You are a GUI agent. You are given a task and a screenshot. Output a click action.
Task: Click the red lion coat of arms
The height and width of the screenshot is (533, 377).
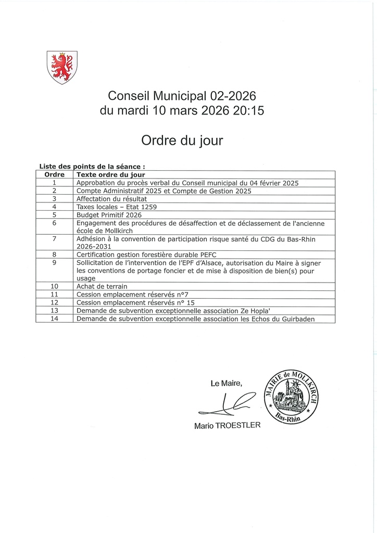coord(62,67)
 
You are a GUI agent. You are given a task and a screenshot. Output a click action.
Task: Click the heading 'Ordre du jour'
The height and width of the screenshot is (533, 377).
coord(182,140)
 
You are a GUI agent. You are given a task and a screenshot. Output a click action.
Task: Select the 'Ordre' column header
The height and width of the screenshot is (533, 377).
coord(54,175)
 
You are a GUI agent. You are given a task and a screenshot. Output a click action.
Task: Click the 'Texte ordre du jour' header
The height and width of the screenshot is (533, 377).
coord(110,175)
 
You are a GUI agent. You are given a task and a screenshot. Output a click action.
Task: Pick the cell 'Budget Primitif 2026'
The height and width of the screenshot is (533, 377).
coord(109,214)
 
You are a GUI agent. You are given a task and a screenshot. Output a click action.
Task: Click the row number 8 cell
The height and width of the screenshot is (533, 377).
coord(54,255)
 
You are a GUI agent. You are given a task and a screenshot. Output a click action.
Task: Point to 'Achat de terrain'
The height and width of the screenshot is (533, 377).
coord(102,286)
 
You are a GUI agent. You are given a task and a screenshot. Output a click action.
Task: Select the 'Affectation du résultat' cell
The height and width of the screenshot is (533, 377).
coord(111,199)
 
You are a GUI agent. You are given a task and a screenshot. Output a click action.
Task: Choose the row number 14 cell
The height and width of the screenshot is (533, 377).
coord(54,319)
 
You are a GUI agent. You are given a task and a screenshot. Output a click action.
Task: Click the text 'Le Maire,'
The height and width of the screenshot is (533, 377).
coord(227,384)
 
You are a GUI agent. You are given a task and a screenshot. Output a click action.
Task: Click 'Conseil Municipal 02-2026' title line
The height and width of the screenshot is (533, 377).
coord(182,96)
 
